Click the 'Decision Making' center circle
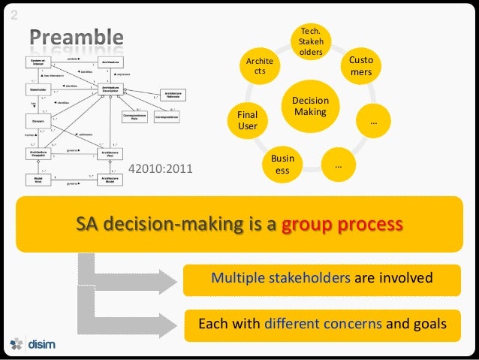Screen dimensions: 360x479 (x=309, y=106)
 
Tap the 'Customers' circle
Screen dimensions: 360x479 (x=360, y=65)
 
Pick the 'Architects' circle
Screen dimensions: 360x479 (x=261, y=65)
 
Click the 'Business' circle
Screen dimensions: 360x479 (x=282, y=165)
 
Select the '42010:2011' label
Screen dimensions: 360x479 (x=161, y=170)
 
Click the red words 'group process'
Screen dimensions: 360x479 (x=342, y=225)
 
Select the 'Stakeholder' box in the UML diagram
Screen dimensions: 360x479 (x=35, y=89)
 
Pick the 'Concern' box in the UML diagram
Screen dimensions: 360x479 (x=35, y=119)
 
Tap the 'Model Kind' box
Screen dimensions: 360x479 (x=35, y=180)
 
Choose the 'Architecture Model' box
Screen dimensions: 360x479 (x=109, y=180)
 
